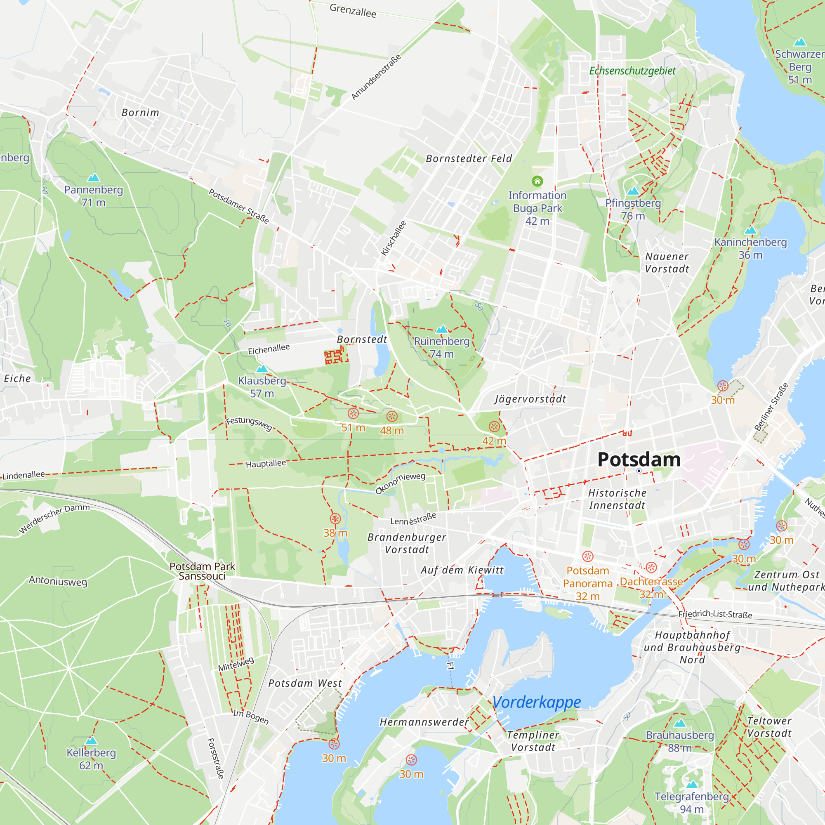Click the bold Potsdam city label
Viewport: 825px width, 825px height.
pyautogui.click(x=639, y=460)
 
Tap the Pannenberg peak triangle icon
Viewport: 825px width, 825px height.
pyautogui.click(x=93, y=178)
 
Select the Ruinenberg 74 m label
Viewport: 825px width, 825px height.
pyautogui.click(x=441, y=348)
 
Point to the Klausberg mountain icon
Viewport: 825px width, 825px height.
pyautogui.click(x=262, y=368)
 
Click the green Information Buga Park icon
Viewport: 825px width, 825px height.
pyautogui.click(x=537, y=181)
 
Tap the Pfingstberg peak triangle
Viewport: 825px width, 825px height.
pyautogui.click(x=633, y=191)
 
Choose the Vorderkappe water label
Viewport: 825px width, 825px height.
pyautogui.click(x=537, y=702)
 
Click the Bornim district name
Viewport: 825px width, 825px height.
pyautogui.click(x=140, y=113)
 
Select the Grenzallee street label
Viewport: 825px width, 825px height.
pyautogui.click(x=353, y=11)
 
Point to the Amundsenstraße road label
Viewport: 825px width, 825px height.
pyautogui.click(x=376, y=77)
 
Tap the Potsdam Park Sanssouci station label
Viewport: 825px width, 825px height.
pyautogui.click(x=202, y=571)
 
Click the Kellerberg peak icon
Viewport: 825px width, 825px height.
pyautogui.click(x=91, y=740)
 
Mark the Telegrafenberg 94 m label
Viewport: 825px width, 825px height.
pyautogui.click(x=692, y=802)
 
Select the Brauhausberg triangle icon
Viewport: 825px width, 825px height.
pyautogui.click(x=680, y=723)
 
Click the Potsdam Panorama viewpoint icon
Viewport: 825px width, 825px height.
pyautogui.click(x=587, y=556)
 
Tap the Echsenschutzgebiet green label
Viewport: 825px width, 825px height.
pyautogui.click(x=632, y=71)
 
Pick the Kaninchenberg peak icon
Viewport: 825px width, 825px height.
pyautogui.click(x=750, y=231)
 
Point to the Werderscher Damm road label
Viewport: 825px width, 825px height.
pyautogui.click(x=54, y=519)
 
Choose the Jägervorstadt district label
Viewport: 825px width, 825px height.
pyautogui.click(x=530, y=399)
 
